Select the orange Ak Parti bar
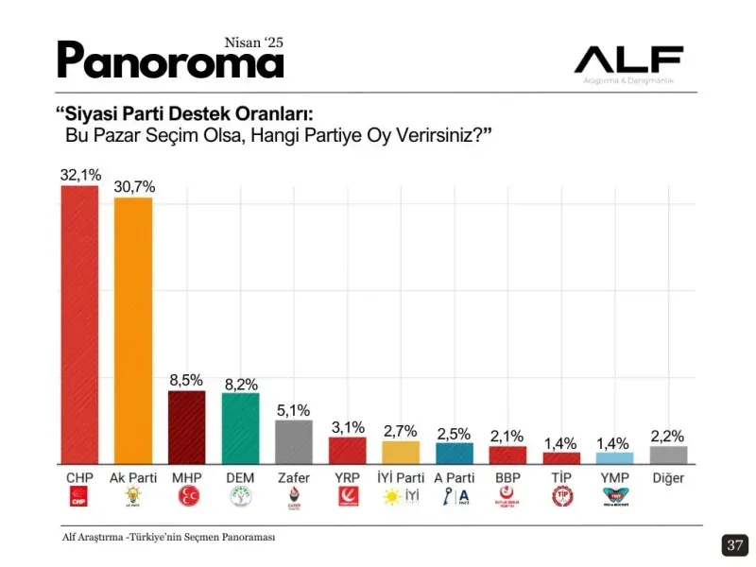133,330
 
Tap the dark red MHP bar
186,426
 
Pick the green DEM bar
240,428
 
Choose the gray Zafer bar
293,441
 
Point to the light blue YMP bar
615,457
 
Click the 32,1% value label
80,175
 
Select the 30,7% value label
134,186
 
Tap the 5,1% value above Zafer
293,410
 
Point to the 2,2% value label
668,436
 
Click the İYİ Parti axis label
401,477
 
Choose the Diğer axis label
668,477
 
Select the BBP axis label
507,477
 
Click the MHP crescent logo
186,497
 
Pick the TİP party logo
561,497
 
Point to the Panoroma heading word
170,61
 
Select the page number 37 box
735,545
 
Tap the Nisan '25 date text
253,43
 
